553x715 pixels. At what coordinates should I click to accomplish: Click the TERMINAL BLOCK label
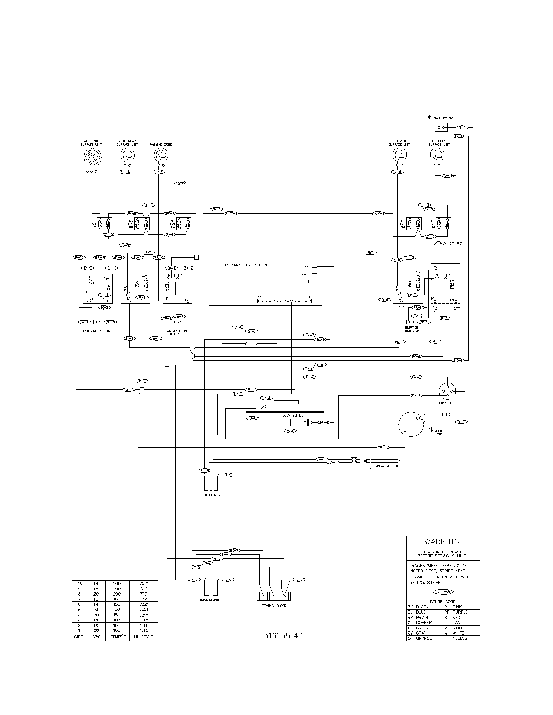(x=274, y=606)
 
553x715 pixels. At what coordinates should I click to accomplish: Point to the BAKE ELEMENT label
(x=211, y=600)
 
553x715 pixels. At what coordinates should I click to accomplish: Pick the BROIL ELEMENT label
(x=211, y=495)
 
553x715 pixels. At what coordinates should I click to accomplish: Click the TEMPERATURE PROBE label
(x=385, y=466)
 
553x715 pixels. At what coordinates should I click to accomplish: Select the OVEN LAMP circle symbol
(x=411, y=424)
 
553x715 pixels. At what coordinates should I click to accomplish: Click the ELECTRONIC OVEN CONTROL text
(x=243, y=265)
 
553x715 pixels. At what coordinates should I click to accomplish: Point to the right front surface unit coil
(x=91, y=157)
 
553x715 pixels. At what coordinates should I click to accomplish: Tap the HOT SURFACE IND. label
(x=98, y=331)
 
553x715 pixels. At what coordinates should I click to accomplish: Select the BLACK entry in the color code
(x=422, y=607)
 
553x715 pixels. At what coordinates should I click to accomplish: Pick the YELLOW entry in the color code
(x=460, y=638)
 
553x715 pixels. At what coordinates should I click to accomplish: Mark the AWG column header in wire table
(x=96, y=637)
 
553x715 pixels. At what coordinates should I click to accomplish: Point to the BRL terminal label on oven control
(x=305, y=275)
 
